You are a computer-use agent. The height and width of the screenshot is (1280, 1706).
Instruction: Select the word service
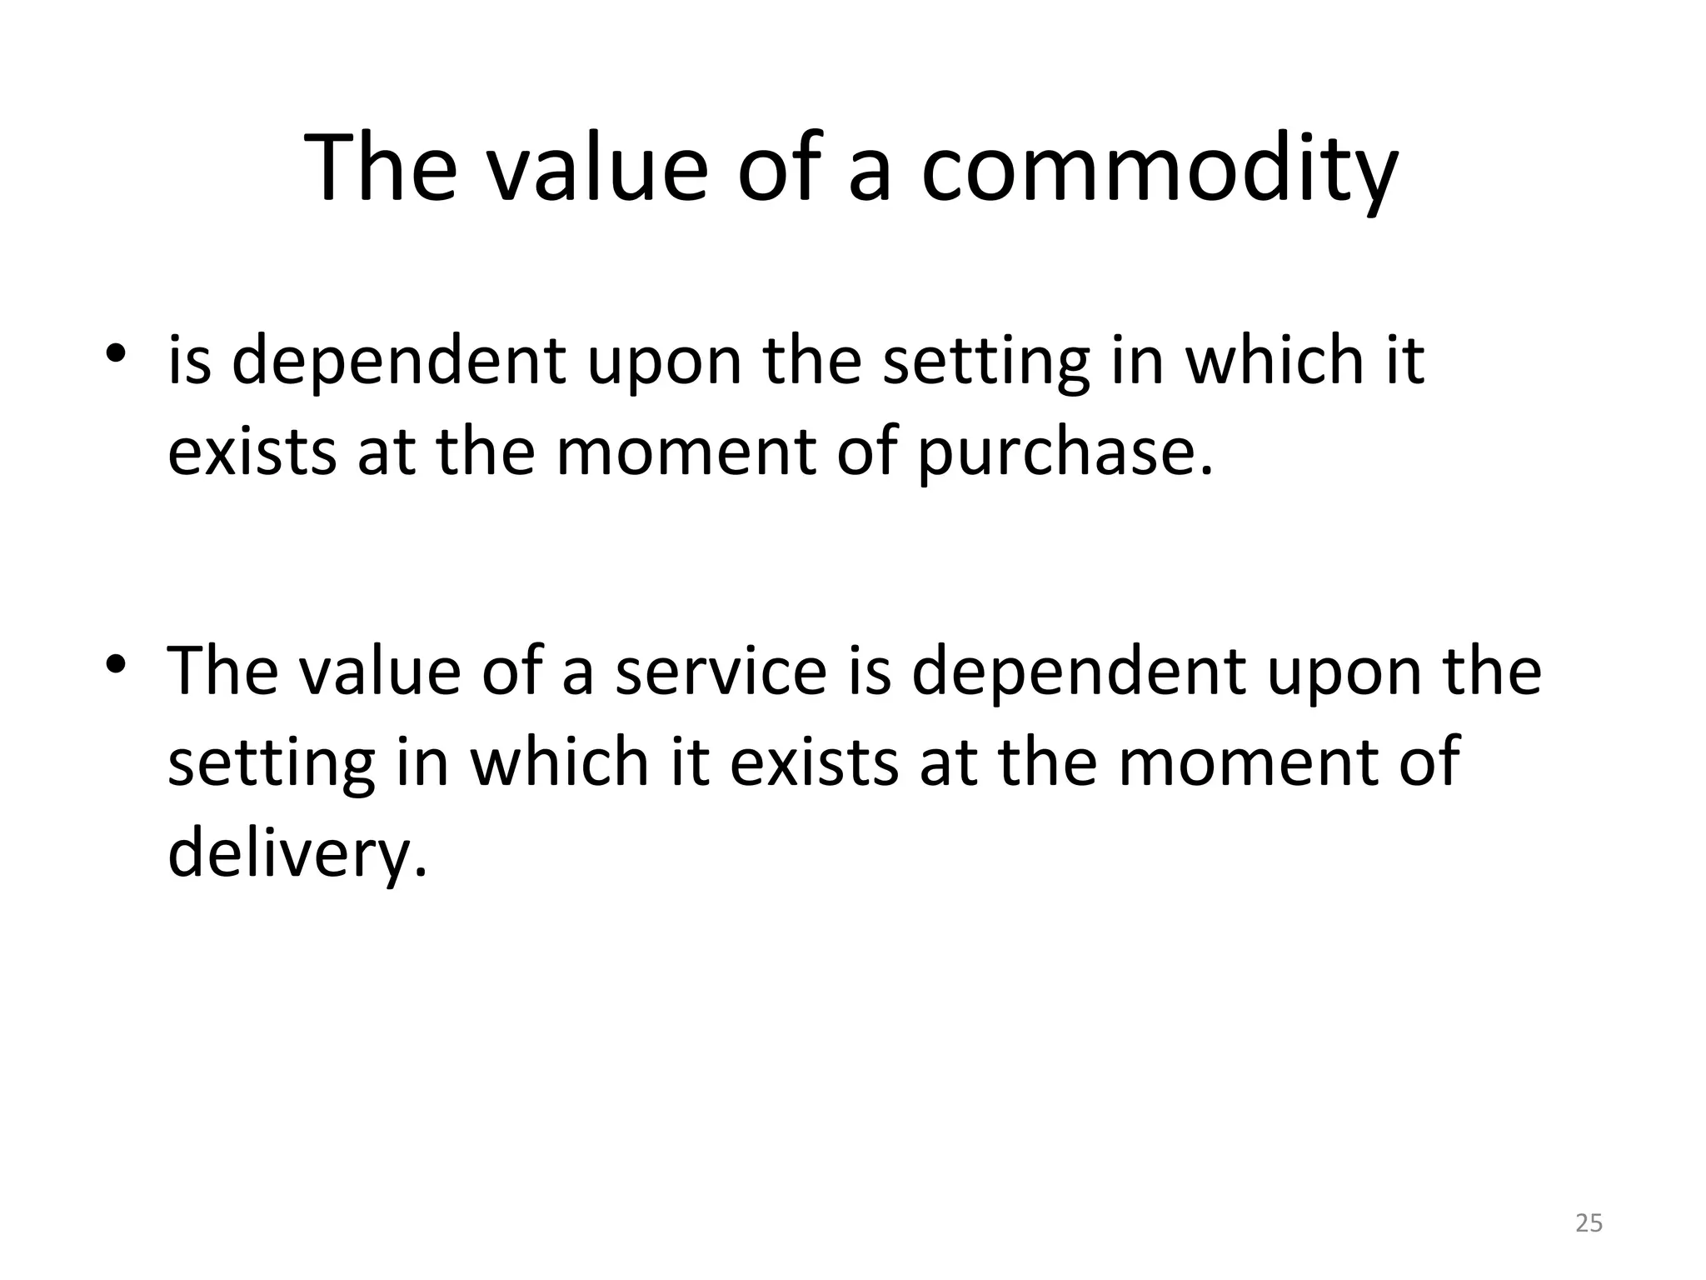pos(721,671)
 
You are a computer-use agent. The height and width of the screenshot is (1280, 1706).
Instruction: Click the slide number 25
pos(1589,1223)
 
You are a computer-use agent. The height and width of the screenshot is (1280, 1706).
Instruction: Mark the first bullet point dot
pos(116,355)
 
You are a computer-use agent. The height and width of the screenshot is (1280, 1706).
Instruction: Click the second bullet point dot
pos(116,664)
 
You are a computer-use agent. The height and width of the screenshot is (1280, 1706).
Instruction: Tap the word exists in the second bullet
pos(814,762)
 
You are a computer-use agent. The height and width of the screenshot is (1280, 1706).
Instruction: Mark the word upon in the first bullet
pos(664,362)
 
